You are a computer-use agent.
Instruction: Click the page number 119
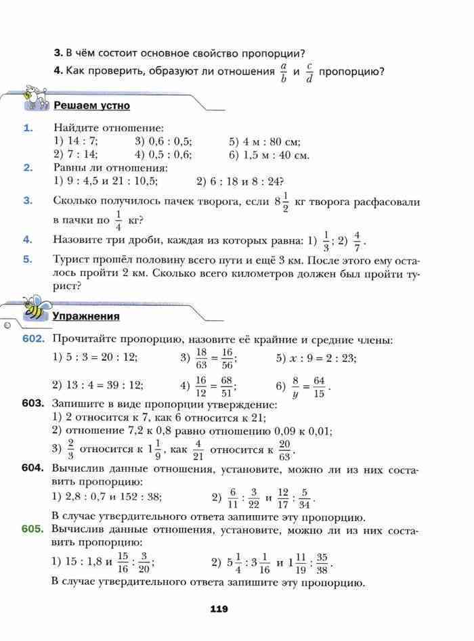coord(218,609)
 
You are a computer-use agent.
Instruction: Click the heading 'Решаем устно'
coord(91,106)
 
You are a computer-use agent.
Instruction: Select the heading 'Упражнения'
coord(86,315)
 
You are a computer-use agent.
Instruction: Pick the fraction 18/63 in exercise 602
coord(200,358)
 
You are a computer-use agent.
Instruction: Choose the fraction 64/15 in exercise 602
coord(319,386)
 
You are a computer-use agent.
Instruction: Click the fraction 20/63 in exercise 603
coord(284,448)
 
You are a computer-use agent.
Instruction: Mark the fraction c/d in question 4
coord(308,72)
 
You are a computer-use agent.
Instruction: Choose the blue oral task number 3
coord(27,200)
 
